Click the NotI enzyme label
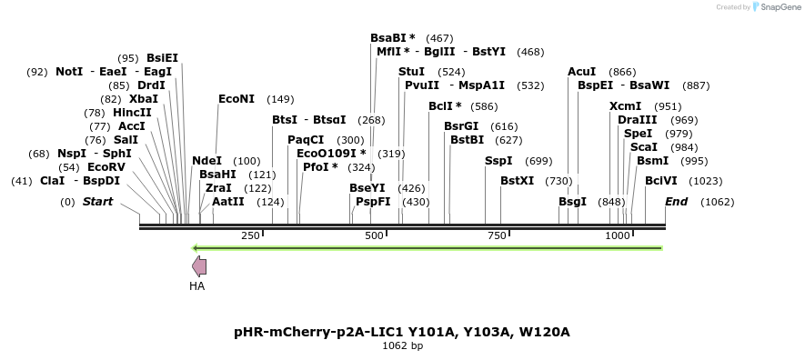tap(70, 71)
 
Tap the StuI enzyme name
tap(411, 71)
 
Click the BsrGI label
tap(460, 125)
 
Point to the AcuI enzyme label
tap(581, 71)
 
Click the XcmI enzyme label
tap(625, 105)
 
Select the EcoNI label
tap(236, 98)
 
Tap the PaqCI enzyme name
tap(306, 139)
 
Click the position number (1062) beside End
tap(717, 202)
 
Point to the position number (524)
tap(451, 71)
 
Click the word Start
tap(97, 201)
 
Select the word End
tap(676, 201)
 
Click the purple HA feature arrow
tap(198, 266)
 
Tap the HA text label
tap(196, 285)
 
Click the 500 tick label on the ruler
tap(374, 235)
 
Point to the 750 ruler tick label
tap(497, 235)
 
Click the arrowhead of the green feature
tap(197, 247)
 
